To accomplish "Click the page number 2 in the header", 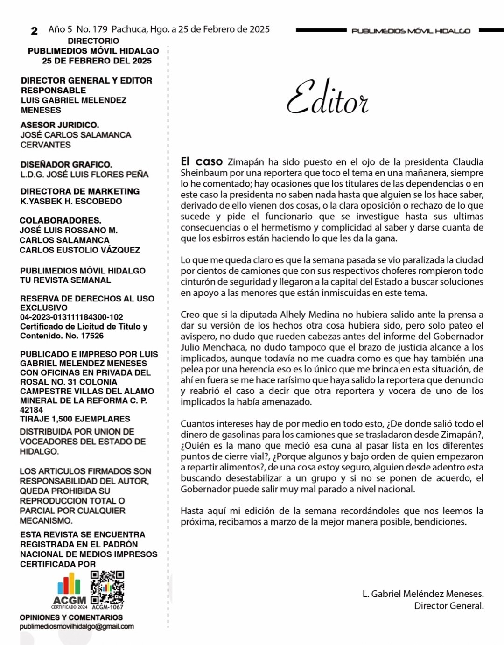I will tap(34, 31).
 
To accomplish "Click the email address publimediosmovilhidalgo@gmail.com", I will tap(77, 626).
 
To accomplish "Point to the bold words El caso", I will tap(202, 161).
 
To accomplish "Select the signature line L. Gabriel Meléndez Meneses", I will tap(423, 594).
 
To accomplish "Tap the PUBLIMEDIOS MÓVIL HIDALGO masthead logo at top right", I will tap(411, 31).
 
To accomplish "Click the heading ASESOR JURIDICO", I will tap(60, 125).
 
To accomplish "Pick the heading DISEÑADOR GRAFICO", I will tap(66, 164).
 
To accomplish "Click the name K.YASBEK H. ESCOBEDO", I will tap(71, 201).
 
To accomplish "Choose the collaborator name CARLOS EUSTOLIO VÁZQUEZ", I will tap(80, 250).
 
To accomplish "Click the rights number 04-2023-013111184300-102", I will tap(71, 317).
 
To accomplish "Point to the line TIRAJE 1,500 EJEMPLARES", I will tap(75, 419).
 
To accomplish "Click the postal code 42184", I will tap(31, 410).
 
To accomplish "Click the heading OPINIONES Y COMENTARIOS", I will tap(71, 617).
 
